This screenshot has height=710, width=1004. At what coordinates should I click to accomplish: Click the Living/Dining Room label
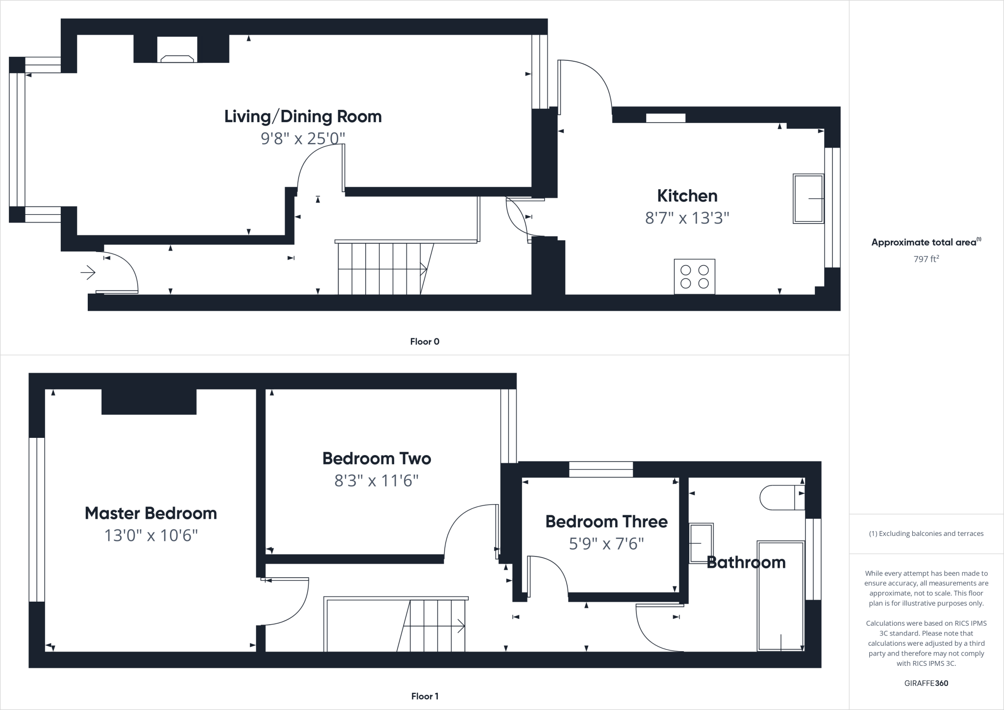click(302, 116)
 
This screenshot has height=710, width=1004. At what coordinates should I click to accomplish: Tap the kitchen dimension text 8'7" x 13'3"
click(687, 218)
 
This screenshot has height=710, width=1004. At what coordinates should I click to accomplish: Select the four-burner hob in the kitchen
click(694, 277)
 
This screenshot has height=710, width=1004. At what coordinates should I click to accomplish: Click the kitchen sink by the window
click(808, 199)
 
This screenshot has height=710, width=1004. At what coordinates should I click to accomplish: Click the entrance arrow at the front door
click(88, 272)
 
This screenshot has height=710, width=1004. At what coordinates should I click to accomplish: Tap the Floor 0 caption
click(425, 342)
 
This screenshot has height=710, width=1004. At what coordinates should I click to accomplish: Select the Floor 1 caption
click(425, 696)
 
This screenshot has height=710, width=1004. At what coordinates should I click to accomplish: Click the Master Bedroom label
click(151, 513)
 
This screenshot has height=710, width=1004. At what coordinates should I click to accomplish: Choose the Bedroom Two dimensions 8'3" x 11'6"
click(376, 481)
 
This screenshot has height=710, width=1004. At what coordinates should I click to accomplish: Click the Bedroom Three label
click(606, 522)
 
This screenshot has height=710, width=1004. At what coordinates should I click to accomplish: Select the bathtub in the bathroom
click(780, 596)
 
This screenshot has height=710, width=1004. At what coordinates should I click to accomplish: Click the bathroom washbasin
click(701, 543)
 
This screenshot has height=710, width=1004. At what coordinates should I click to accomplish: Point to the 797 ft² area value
click(926, 259)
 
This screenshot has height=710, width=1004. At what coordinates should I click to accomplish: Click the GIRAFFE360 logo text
click(926, 683)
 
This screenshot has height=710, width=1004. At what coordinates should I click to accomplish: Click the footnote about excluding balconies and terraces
click(926, 533)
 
